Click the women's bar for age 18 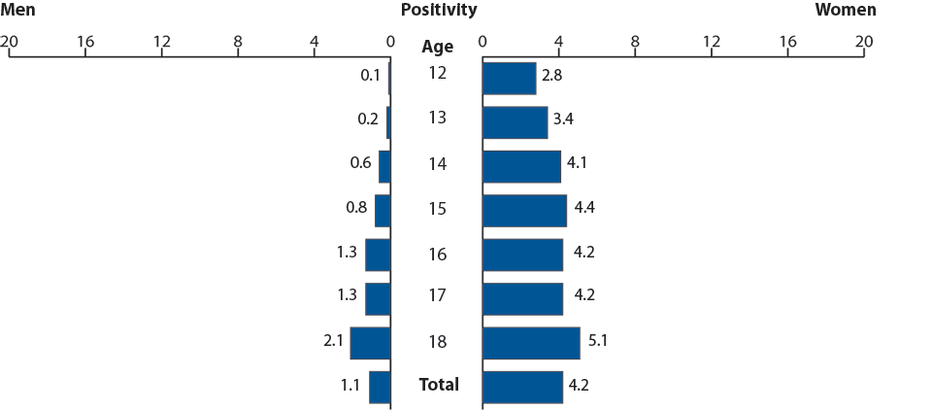tap(530, 343)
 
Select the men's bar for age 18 tap(370, 343)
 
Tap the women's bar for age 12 tap(509, 79)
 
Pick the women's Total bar tap(522, 387)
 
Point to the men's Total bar tap(380, 387)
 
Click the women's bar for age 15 tap(524, 211)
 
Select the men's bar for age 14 tap(384, 166)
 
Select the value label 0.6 tap(361, 163)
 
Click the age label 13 tap(438, 118)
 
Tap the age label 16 tap(438, 255)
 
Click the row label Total tap(439, 385)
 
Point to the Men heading tap(18, 11)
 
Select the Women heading tap(845, 11)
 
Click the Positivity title tap(439, 11)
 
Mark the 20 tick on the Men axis tap(10, 42)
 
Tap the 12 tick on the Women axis tap(712, 42)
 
